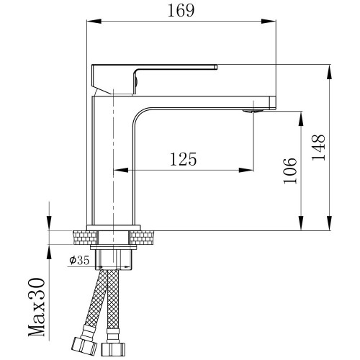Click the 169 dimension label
coord(181,11)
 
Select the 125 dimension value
coord(184,159)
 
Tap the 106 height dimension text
coord(290,171)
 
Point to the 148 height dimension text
coord(318,148)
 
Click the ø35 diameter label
coord(79,260)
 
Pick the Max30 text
coord(37,307)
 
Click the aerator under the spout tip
coord(253,111)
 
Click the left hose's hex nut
coord(84,345)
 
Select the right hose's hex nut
coord(113,350)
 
